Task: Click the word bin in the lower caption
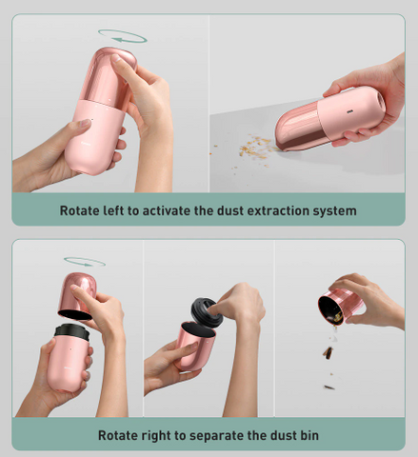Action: [x=309, y=435]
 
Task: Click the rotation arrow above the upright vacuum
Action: [x=122, y=36]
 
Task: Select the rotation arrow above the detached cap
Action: [x=85, y=262]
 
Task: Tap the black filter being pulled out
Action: [x=207, y=312]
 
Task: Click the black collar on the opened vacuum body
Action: [x=71, y=331]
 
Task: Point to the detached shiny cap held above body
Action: [x=78, y=296]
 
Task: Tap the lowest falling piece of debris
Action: [x=329, y=387]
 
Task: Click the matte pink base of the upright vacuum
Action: [x=93, y=137]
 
